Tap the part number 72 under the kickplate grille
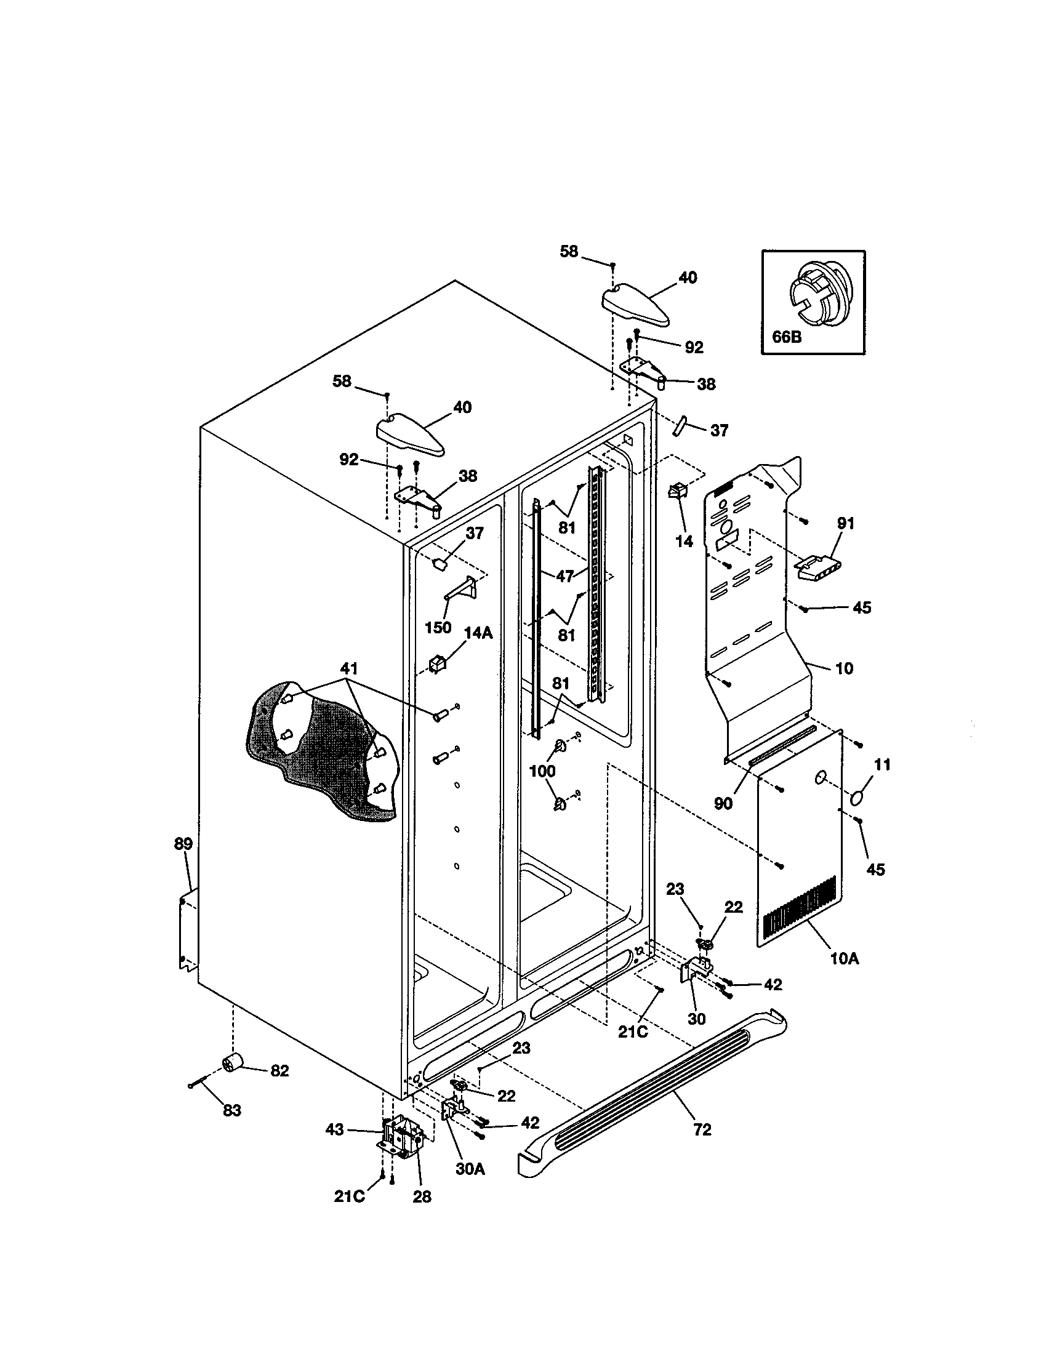point(702,1130)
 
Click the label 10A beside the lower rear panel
point(845,959)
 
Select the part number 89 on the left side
point(183,844)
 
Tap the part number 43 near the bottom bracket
point(335,1130)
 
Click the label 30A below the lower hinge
point(470,1169)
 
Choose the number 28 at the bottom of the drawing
point(422,1197)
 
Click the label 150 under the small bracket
point(438,627)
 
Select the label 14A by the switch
point(478,633)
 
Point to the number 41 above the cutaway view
point(349,668)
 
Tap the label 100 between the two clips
point(542,771)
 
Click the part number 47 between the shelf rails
point(564,576)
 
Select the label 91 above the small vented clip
point(846,523)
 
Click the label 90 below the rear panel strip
point(723,803)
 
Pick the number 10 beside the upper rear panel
point(845,668)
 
